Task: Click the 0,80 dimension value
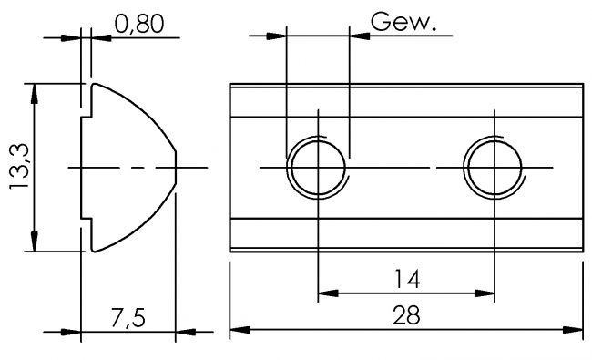pyautogui.click(x=139, y=24)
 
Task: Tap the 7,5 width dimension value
pyautogui.click(x=127, y=318)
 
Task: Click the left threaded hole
pyautogui.click(x=318, y=168)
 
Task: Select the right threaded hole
pyautogui.click(x=494, y=168)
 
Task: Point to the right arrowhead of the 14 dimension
pyautogui.click(x=485, y=293)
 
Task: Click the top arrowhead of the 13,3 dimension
pyautogui.click(x=35, y=92)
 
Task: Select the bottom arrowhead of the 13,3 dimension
pyautogui.click(x=35, y=243)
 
